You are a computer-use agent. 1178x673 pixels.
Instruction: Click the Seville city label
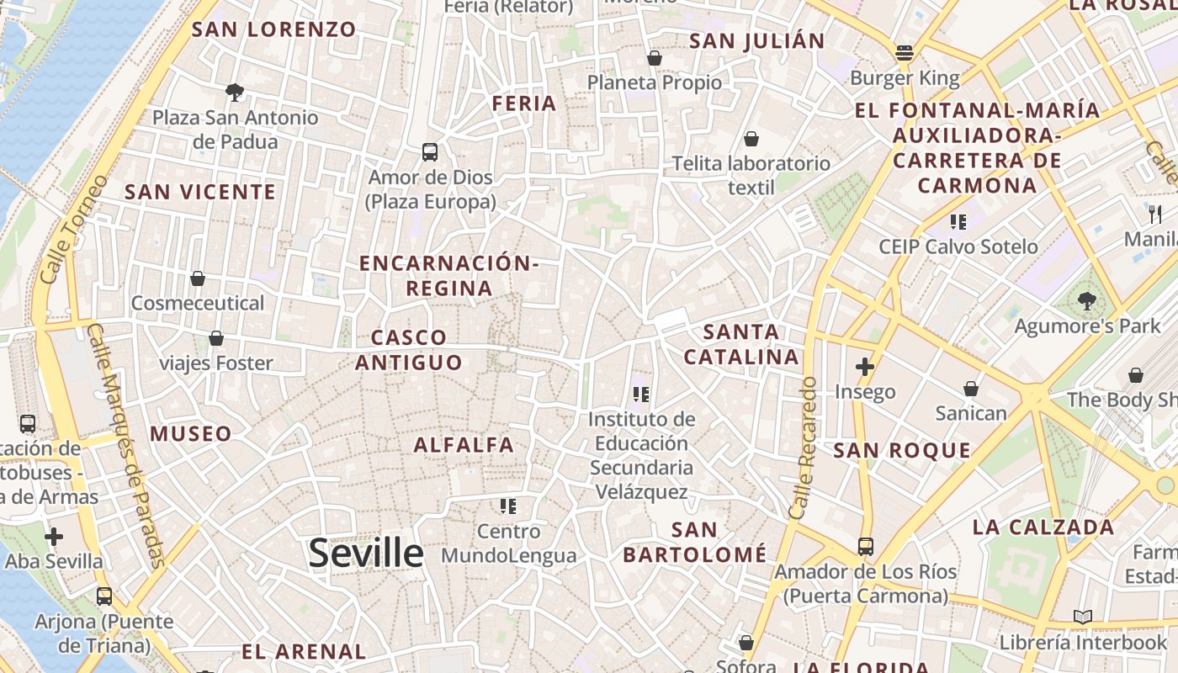pos(366,553)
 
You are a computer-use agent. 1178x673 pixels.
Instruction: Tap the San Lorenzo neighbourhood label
pos(274,29)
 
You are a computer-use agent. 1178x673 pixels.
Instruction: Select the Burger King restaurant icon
pos(905,54)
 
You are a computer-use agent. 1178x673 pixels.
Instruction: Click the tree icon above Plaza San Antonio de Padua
pos(235,92)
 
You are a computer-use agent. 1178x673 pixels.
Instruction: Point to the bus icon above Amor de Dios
pos(430,152)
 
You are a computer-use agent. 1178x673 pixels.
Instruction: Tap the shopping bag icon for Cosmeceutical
pos(198,278)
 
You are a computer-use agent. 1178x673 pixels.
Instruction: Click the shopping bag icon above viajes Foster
pos(216,338)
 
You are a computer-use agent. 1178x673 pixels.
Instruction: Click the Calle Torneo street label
pos(74,228)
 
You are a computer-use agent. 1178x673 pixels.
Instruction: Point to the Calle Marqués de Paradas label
pos(125,446)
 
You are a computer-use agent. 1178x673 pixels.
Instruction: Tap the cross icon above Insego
pos(865,367)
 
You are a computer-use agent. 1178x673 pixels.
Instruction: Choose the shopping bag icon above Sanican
pos(971,388)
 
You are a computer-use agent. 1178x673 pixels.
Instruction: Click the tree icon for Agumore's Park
pos(1087,300)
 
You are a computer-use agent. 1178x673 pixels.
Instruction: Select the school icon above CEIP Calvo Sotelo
pos(958,222)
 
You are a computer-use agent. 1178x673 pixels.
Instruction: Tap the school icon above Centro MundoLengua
pos(508,506)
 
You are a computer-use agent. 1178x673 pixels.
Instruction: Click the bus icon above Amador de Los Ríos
pos(866,547)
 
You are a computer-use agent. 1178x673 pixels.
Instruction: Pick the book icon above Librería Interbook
pos(1083,617)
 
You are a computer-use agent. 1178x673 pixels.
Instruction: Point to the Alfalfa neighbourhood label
pos(464,445)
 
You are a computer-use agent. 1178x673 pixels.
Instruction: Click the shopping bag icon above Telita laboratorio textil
pos(751,138)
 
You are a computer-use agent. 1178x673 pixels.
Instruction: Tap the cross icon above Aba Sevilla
pos(54,537)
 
